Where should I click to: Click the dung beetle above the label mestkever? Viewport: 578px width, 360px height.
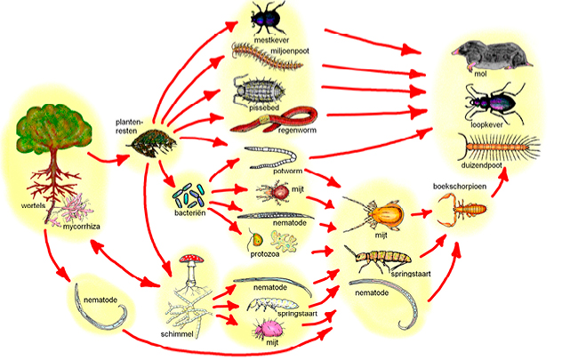point(269,18)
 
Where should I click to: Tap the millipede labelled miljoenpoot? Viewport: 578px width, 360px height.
point(267,57)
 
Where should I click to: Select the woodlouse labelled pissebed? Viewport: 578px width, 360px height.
point(259,90)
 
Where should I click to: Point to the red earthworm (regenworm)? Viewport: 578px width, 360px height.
point(275,120)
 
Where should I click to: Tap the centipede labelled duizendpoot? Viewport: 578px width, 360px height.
point(499,148)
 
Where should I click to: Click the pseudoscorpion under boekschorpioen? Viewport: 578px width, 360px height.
point(461,209)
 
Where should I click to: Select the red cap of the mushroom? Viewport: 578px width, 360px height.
point(191,258)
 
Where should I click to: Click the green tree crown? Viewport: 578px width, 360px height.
point(54,128)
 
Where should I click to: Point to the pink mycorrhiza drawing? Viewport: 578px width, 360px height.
point(75,209)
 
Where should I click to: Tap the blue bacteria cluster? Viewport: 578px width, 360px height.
point(189,196)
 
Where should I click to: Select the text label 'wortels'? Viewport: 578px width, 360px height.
point(33,205)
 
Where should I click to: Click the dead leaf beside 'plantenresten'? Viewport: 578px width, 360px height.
point(152,144)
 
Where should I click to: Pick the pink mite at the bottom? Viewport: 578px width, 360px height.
point(268,328)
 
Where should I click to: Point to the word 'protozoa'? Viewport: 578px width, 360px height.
point(265,254)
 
